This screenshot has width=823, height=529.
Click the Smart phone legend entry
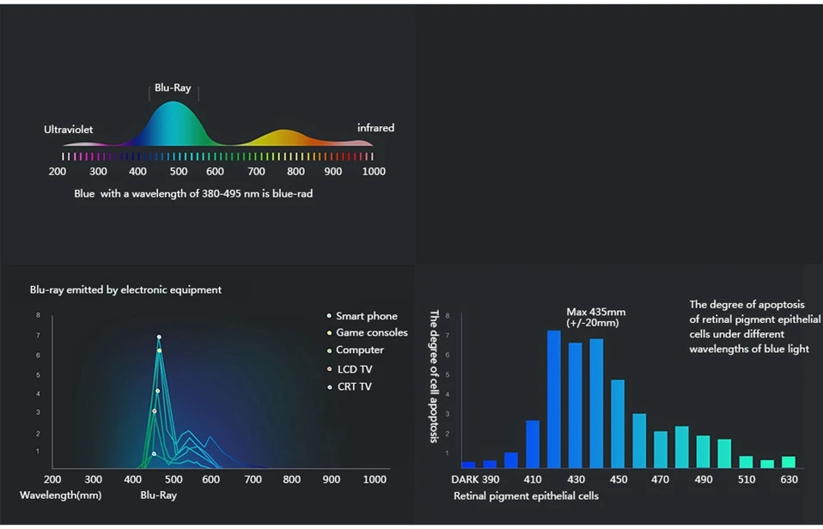[x=363, y=316]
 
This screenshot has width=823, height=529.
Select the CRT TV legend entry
[x=350, y=386]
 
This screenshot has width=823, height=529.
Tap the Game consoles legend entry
[x=368, y=332]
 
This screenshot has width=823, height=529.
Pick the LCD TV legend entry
[x=350, y=369]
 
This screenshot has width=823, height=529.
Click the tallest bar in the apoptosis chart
[x=554, y=398]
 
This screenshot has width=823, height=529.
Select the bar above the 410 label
[x=533, y=444]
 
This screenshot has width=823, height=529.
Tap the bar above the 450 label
[x=618, y=423]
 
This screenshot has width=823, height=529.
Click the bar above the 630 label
[x=789, y=462]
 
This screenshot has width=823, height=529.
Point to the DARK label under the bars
[x=465, y=480]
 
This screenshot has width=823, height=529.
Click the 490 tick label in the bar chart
[x=704, y=480]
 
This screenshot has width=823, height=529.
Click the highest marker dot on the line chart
[x=159, y=337]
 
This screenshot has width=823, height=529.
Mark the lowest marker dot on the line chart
[x=154, y=454]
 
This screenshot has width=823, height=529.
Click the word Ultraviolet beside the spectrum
[x=68, y=130]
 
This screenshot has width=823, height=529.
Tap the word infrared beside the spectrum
[x=375, y=128]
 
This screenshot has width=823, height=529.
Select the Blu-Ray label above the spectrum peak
[x=173, y=88]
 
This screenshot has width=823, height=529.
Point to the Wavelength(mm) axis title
[x=60, y=496]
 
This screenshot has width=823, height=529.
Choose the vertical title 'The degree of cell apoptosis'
[x=434, y=376]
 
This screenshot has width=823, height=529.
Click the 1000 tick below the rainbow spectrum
[x=374, y=172]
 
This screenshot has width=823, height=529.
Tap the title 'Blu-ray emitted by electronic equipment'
[x=125, y=290]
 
